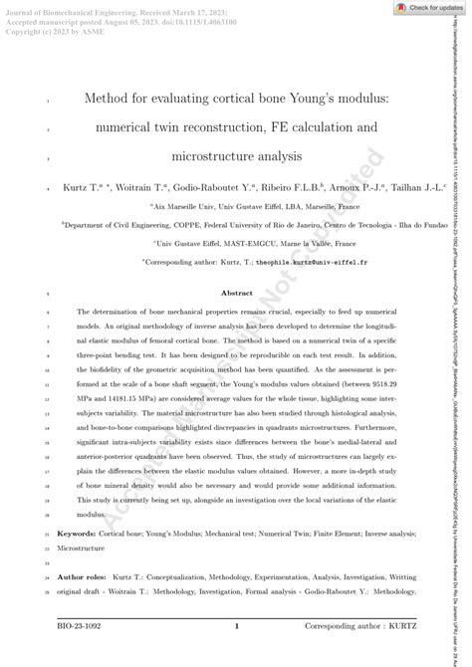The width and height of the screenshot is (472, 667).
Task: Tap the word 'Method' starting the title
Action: pyautogui.click(x=108, y=100)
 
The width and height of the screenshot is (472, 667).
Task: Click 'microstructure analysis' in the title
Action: pyautogui.click(x=236, y=156)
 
